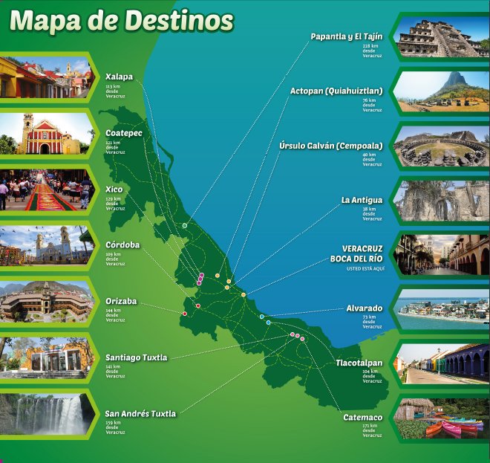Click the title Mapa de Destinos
tap(122, 21)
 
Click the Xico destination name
tap(114, 190)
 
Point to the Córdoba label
tap(122, 245)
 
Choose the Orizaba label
tap(121, 301)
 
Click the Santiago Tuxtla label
tap(136, 357)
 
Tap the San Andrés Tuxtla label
tap(140, 414)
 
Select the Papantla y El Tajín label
tap(346, 36)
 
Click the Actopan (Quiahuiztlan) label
tap(336, 91)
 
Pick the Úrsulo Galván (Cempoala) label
tap(331, 146)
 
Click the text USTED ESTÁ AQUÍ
tap(362, 268)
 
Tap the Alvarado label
tap(364, 308)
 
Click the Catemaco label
tap(362, 418)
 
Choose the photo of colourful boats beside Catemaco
tap(442, 419)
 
